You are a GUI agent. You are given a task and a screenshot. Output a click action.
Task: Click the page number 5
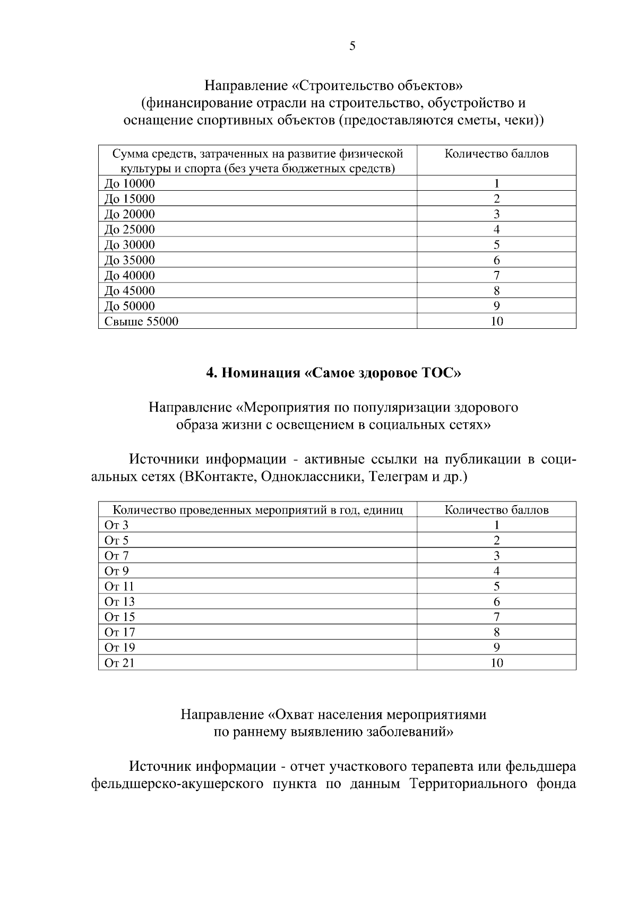352,46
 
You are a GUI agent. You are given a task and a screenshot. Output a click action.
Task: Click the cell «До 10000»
130,184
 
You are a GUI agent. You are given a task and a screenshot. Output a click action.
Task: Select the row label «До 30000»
130,245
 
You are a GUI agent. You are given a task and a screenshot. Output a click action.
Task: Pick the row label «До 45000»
130,291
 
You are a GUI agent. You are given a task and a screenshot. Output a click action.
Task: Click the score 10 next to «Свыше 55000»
496,321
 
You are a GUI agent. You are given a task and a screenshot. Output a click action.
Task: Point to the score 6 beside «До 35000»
496,260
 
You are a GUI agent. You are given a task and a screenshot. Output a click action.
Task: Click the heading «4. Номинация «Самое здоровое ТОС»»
333,373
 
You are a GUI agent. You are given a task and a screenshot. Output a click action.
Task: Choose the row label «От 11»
119,587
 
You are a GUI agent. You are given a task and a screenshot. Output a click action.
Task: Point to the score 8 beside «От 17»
496,633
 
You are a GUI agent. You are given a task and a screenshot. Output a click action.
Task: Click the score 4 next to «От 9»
496,572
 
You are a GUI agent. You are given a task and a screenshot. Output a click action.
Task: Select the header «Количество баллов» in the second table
496,510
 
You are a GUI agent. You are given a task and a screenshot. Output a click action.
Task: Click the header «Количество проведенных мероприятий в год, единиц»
258,510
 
